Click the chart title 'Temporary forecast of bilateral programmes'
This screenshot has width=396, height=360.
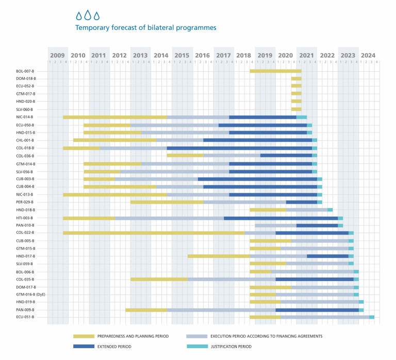145,27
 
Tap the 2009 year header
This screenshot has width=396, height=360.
58,55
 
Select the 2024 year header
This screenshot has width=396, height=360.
368,55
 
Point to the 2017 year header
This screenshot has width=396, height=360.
223,55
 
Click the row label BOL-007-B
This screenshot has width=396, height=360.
25,71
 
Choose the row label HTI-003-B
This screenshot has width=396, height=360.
25,218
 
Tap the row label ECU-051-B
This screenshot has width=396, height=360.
25,317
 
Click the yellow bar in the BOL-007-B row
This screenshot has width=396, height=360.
275,71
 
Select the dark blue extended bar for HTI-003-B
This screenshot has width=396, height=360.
280,218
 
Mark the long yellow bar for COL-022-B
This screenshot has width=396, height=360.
153,233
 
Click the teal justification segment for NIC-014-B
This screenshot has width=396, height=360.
302,117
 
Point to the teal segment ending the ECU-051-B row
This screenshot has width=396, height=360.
372,317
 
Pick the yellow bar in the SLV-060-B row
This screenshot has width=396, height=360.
296,109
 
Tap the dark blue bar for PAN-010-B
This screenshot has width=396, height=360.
317,225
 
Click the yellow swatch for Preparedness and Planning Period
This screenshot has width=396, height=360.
84,336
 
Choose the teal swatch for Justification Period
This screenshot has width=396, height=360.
196,347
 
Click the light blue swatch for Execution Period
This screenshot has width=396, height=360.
196,336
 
